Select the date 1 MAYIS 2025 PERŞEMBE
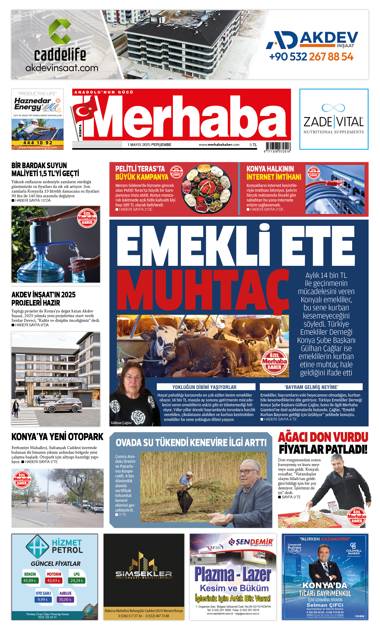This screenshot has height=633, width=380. click(149, 145)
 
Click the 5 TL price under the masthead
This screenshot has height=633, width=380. click(253, 145)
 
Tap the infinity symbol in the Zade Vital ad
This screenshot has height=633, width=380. click(333, 108)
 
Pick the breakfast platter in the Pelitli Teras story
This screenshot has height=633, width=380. click(206, 189)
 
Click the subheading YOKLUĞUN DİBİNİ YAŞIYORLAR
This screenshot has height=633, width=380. click(204, 387)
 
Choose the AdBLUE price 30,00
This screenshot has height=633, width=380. click(65, 599)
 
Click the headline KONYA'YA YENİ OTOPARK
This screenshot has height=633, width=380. click(57, 437)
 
